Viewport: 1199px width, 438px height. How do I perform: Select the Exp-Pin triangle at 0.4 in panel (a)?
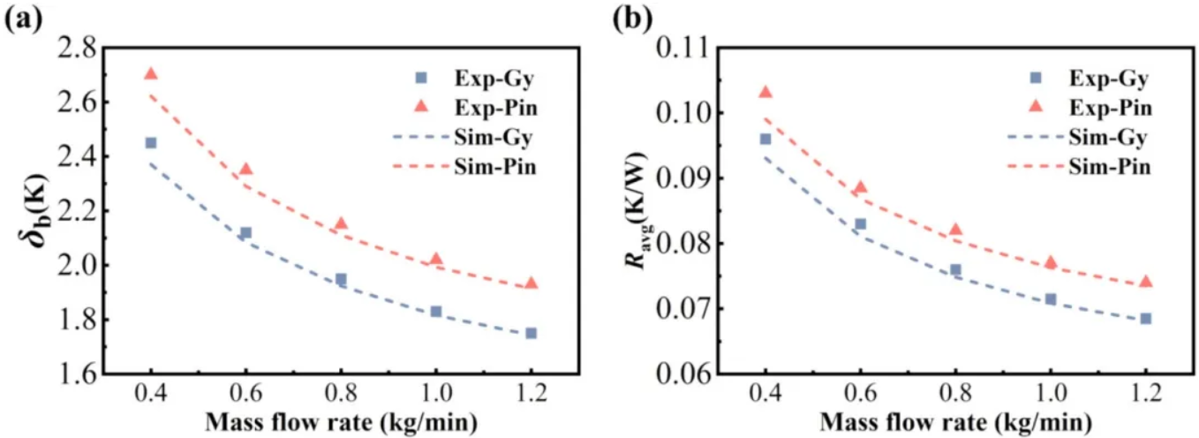(x=151, y=74)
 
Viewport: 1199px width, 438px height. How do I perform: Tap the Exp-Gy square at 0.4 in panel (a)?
(x=151, y=142)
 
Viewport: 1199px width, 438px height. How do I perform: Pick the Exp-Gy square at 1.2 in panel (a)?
(x=531, y=333)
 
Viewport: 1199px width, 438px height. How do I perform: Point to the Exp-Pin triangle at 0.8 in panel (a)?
(x=341, y=224)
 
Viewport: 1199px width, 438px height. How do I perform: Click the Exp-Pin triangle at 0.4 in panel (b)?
(x=765, y=92)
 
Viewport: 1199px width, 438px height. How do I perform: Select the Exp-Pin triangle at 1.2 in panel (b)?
(x=1145, y=282)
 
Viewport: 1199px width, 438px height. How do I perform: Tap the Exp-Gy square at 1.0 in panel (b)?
(x=1051, y=299)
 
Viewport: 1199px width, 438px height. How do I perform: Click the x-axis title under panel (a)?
(x=342, y=422)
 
